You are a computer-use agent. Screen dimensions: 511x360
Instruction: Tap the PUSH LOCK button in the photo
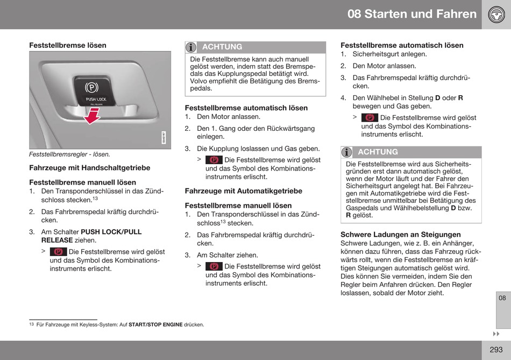pos(94,91)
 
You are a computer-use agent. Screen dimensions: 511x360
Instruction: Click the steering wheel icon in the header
pos(496,15)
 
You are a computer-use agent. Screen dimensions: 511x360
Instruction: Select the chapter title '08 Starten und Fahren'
pos(412,14)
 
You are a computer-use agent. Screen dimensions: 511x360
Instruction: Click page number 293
pos(496,350)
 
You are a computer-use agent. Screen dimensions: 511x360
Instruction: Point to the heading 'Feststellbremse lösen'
pos(68,45)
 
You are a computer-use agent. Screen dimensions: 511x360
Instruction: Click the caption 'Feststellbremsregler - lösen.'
pos(69,154)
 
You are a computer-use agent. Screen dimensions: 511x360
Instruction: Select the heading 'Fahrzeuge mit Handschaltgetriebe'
pos(90,168)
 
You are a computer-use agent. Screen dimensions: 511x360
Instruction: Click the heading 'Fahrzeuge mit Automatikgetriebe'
pos(244,191)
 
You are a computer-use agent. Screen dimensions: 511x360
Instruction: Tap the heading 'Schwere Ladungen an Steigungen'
pos(401,235)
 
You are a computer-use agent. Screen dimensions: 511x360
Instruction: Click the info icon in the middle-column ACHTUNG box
pos(191,47)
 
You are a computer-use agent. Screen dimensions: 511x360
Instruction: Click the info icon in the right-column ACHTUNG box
pos(347,152)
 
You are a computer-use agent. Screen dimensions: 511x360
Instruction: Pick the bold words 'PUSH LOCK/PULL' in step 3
pos(111,232)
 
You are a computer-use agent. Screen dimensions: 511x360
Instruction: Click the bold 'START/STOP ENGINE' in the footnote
pos(155,325)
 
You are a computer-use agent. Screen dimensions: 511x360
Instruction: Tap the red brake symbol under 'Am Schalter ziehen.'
pos(214,266)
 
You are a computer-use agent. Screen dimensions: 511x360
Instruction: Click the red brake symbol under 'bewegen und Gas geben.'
pos(370,117)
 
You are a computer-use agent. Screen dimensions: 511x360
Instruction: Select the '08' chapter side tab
pos(502,298)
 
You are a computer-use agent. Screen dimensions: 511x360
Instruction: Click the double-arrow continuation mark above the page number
pos(496,334)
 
